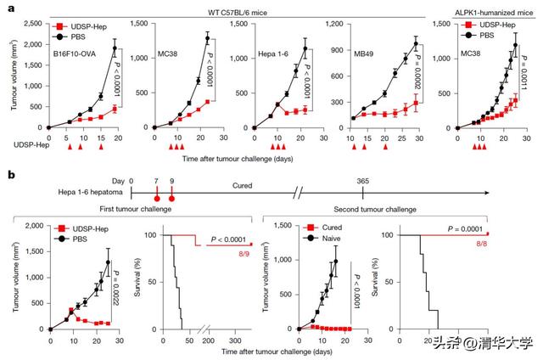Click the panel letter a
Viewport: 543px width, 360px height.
tap(7, 7)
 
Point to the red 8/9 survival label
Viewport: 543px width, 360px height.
tap(244, 255)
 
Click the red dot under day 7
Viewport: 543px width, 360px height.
tap(157, 198)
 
